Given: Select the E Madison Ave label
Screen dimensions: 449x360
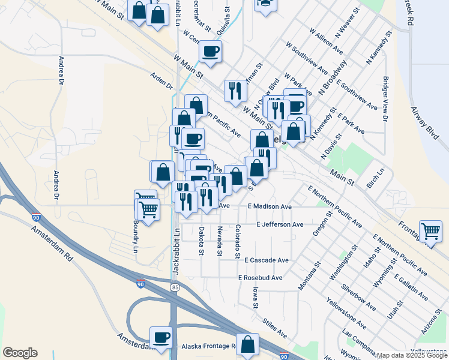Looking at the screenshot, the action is pos(270,206).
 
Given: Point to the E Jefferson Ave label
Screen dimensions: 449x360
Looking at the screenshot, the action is pos(280,224).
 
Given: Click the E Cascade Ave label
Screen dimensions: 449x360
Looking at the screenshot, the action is pos(267,260).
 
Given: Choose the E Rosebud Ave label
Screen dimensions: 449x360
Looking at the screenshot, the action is pos(260,278).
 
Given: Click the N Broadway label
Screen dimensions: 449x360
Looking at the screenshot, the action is pos(333,76).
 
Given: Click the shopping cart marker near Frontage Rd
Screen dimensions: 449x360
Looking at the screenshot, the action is pos(430,231).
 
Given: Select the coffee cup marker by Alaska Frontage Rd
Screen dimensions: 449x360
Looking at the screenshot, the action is pos(160,338).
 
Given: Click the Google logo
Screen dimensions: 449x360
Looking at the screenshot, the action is pos(20,353).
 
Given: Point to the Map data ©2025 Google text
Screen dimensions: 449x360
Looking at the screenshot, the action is pos(412,355).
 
